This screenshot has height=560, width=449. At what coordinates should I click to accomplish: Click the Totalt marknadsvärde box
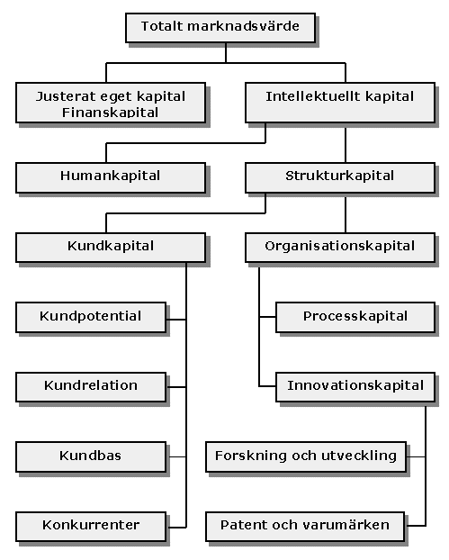(x=220, y=28)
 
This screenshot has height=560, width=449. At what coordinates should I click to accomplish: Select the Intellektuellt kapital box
(x=340, y=103)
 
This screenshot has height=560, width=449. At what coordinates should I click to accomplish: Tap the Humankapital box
(x=111, y=178)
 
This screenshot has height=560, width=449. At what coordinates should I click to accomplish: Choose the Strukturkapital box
(x=340, y=178)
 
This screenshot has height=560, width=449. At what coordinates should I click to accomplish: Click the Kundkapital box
(x=111, y=248)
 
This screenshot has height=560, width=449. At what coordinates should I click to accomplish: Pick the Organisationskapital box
(x=340, y=248)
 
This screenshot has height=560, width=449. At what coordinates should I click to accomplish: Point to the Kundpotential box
(x=91, y=318)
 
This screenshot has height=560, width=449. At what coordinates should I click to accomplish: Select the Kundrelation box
(x=91, y=387)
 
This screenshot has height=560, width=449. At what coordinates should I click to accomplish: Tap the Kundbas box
(x=91, y=456)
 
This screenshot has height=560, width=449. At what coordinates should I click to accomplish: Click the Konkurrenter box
(x=91, y=527)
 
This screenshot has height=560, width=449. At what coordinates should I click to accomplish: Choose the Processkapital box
(x=355, y=318)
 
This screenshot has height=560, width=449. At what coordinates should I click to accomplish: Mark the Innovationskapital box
(x=355, y=387)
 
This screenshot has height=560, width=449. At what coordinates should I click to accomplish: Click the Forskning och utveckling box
(x=306, y=456)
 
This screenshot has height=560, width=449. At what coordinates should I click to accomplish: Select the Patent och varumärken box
(x=305, y=527)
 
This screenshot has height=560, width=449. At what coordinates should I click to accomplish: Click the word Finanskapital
(x=111, y=113)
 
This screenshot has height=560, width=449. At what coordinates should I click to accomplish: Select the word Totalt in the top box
(x=161, y=26)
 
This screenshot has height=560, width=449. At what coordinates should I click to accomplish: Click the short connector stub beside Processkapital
(x=267, y=317)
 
